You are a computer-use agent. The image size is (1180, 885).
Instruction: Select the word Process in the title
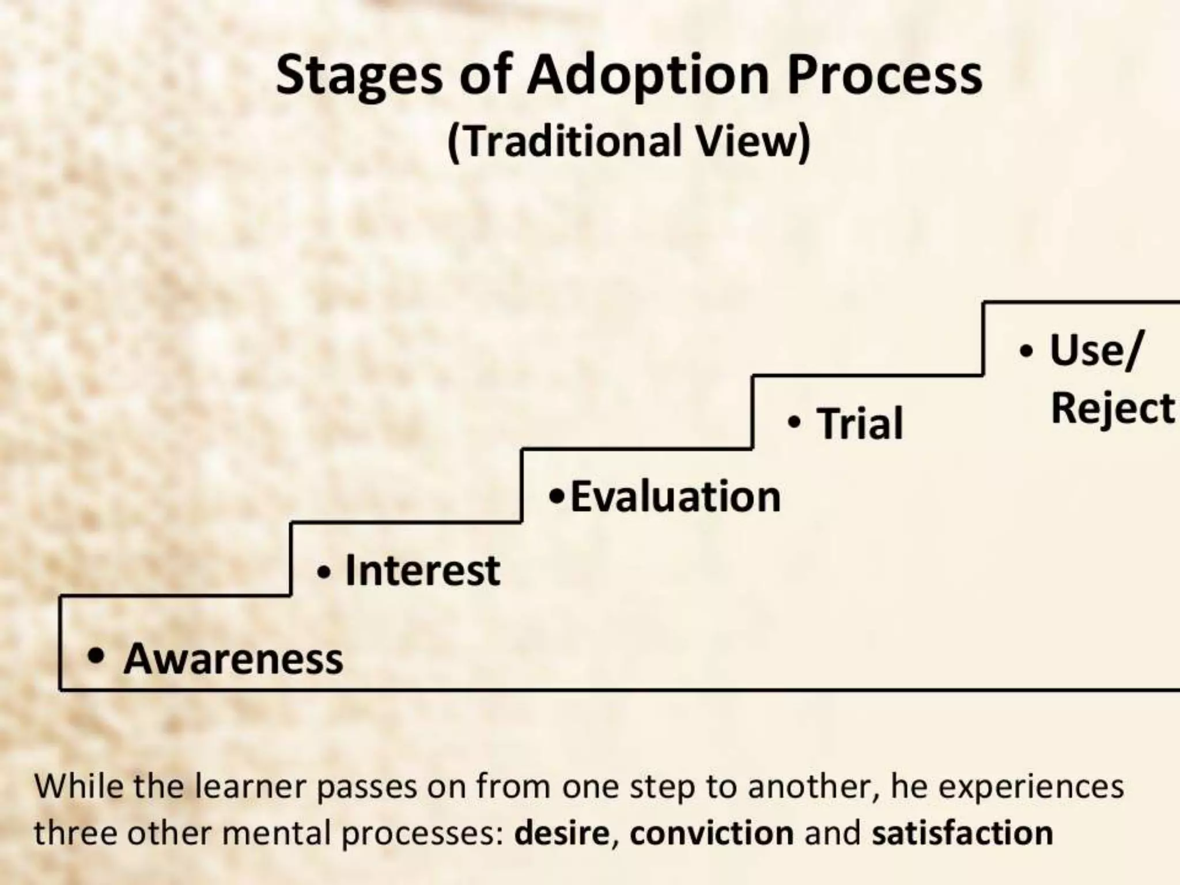coord(884,75)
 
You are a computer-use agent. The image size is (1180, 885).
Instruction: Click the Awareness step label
coord(233,659)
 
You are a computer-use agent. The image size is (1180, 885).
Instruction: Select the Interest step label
coord(422,570)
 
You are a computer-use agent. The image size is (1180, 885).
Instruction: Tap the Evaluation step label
coord(675,497)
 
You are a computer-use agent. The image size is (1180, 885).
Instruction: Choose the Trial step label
coord(860,423)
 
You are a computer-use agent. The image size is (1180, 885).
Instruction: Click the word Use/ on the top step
coord(1094,350)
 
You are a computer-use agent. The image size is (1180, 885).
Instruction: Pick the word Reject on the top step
coord(1112,409)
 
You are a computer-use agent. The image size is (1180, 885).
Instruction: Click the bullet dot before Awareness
coord(96,656)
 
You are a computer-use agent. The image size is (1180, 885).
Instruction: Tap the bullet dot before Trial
coord(795,422)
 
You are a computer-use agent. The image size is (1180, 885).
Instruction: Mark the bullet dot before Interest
coord(324,573)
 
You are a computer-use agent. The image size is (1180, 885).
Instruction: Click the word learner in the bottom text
coord(251,786)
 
